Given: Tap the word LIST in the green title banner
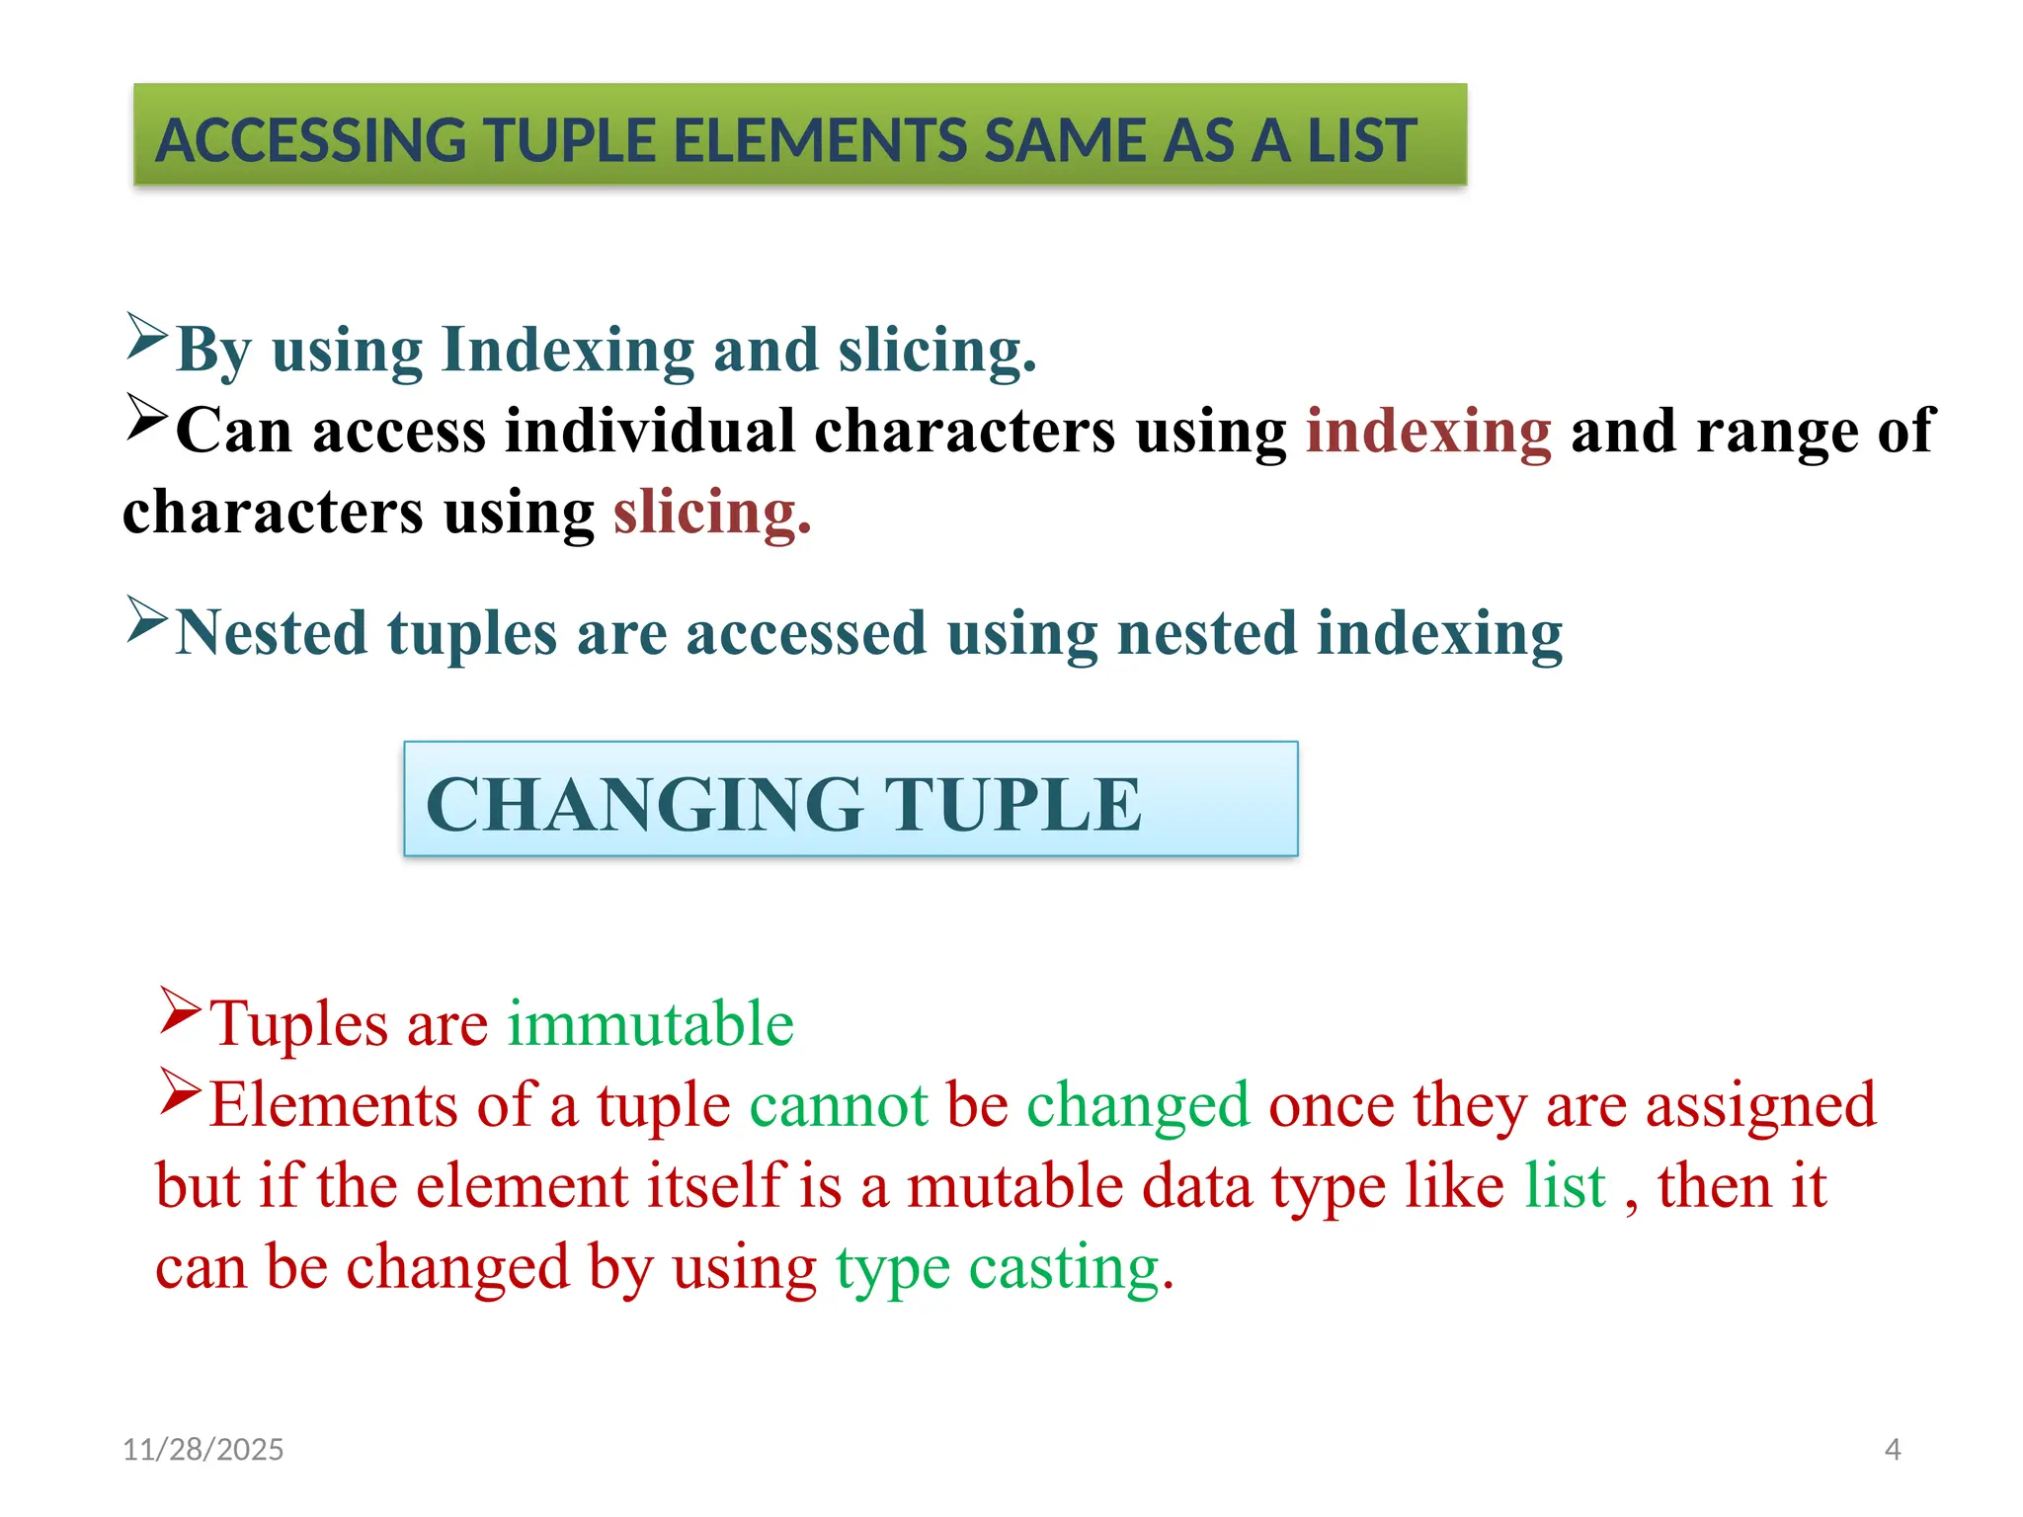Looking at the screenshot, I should [x=1362, y=140].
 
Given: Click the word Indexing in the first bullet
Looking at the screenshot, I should [x=568, y=351].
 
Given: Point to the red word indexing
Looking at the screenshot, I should [x=1428, y=432].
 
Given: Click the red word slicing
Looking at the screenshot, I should [x=711, y=513].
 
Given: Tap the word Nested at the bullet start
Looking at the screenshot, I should [x=272, y=633].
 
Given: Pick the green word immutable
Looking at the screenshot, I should [x=650, y=1024].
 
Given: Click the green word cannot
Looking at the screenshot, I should [x=839, y=1105].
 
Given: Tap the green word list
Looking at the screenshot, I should [x=1565, y=1186].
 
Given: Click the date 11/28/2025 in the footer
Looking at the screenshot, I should [x=202, y=1449].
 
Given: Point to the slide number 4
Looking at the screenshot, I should [x=1892, y=1449].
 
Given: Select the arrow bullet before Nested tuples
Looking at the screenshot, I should [x=147, y=620].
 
